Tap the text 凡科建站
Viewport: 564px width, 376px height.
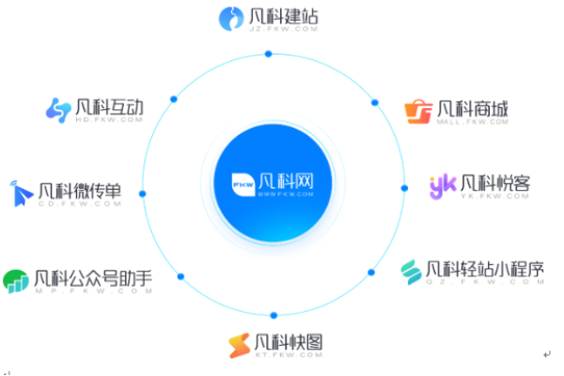(276, 14)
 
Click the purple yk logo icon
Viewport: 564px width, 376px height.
(442, 185)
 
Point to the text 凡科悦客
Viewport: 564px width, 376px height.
(494, 182)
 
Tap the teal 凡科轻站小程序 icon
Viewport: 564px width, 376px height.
(411, 272)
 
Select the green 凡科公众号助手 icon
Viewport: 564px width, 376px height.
(15, 281)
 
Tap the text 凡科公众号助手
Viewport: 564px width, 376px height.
(92, 277)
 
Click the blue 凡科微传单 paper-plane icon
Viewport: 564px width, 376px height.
(22, 194)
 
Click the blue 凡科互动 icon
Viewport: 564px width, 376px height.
(58, 109)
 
